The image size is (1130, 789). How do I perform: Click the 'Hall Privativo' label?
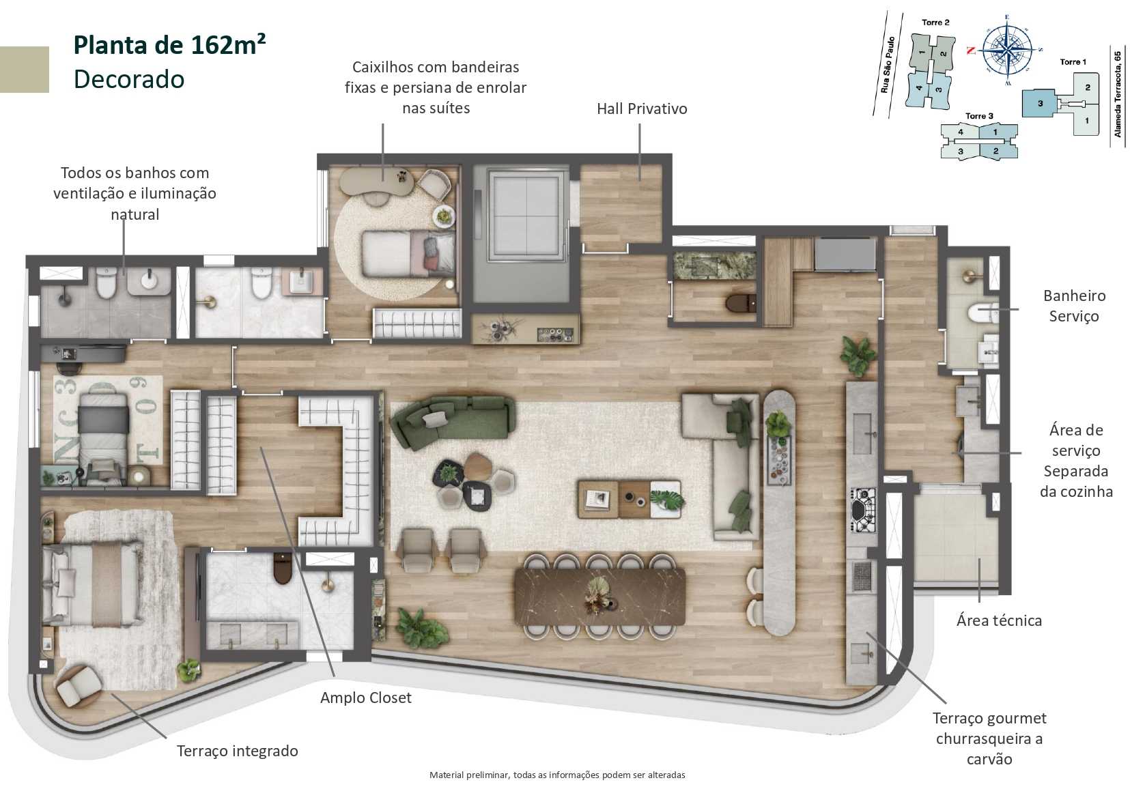click(641, 109)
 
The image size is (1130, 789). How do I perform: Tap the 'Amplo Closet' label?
click(365, 698)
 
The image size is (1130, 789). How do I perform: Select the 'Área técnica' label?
click(998, 620)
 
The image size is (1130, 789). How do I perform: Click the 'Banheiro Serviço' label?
click(1074, 306)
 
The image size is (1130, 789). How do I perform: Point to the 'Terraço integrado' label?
click(237, 751)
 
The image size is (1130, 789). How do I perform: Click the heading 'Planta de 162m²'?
click(169, 45)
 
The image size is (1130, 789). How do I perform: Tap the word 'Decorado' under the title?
click(129, 79)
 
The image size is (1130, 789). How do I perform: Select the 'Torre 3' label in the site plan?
click(979, 116)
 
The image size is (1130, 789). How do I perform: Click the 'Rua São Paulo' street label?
click(887, 65)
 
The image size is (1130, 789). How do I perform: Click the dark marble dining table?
click(599, 596)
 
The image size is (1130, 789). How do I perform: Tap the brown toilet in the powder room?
click(739, 302)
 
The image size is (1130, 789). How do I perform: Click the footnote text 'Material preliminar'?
click(556, 775)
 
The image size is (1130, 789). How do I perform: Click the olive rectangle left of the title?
click(24, 69)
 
